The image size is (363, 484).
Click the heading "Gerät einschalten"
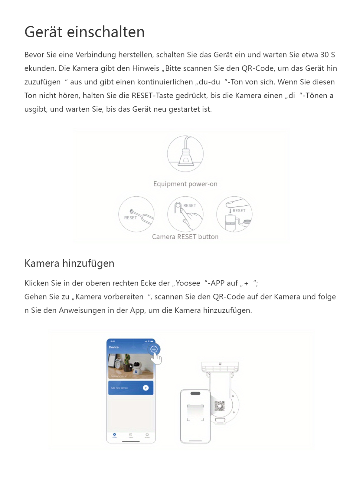tap(84, 32)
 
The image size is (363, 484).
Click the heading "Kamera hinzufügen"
tap(69, 263)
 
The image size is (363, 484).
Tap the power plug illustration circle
tap(185, 154)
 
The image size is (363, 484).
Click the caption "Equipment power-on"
tap(185, 184)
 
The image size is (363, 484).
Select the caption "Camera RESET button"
tap(185, 237)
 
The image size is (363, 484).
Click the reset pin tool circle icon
tap(136, 214)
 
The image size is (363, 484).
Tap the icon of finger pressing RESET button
tap(185, 214)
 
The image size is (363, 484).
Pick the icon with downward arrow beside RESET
tap(234, 214)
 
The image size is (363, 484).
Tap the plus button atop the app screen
tap(154, 349)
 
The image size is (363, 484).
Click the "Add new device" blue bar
tap(131, 388)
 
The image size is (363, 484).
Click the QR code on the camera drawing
tap(220, 406)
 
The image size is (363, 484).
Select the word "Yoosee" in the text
tap(188, 283)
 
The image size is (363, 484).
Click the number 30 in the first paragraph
tap(325, 55)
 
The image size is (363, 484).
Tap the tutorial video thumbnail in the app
tap(131, 366)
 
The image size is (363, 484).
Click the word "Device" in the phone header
tap(114, 347)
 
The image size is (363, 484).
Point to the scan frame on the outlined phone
tap(195, 413)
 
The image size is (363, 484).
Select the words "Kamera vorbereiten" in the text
tap(109, 297)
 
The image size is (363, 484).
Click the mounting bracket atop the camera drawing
tap(220, 367)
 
